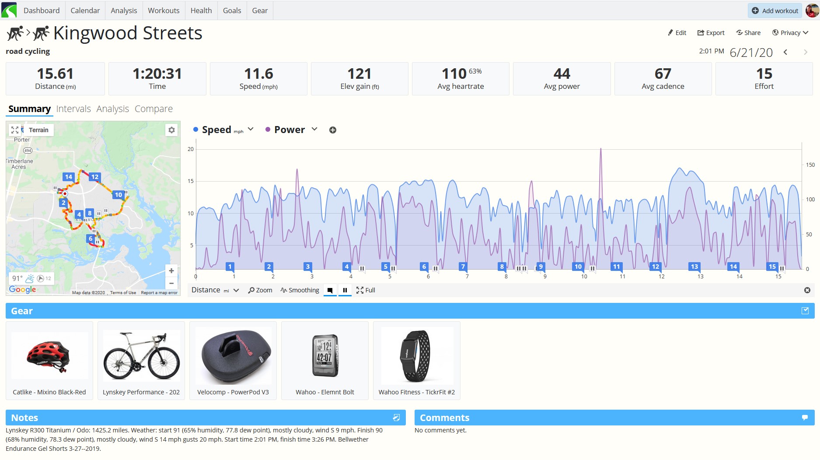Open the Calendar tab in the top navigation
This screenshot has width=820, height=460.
tap(85, 11)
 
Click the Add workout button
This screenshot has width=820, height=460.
tap(775, 11)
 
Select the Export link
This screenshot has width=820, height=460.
tap(711, 33)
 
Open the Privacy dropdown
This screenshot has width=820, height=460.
tap(790, 33)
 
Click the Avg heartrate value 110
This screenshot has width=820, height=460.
tap(454, 74)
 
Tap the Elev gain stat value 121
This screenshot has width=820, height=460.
tap(359, 74)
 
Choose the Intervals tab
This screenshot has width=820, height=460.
tap(73, 109)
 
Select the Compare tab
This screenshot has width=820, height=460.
tap(154, 109)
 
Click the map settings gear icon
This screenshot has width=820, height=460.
tap(171, 130)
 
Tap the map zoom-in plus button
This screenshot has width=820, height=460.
tap(171, 271)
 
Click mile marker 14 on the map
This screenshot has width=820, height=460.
tap(68, 177)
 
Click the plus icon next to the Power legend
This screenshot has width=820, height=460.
tap(333, 130)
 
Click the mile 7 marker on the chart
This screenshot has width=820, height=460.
tap(463, 267)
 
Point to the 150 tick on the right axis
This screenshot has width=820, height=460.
tap(810, 165)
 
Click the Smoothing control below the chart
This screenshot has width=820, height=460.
tap(300, 290)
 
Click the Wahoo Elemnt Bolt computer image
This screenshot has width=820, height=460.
tap(325, 355)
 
